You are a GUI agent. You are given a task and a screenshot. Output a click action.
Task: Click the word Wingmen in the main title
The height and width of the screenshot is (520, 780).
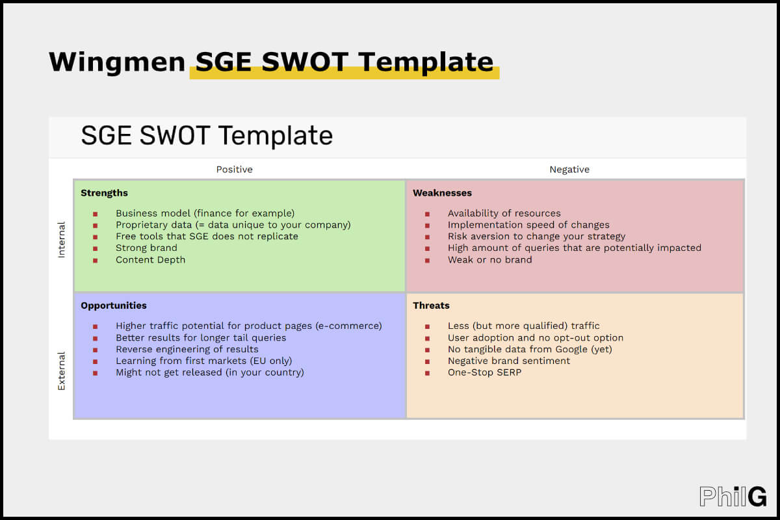point(117,62)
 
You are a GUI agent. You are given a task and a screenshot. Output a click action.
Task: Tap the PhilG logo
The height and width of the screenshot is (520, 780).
point(733,496)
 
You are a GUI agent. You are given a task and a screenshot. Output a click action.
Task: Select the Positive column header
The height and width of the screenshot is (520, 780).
point(235,170)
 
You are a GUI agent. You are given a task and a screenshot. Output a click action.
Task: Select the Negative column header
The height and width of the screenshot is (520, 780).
point(569,170)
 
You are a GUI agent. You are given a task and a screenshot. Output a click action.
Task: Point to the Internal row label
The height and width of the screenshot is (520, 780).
point(61,240)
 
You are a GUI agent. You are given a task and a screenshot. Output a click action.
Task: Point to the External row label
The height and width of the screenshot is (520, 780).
point(61,371)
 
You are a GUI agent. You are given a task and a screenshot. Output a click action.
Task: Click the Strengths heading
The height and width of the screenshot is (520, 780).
point(104,193)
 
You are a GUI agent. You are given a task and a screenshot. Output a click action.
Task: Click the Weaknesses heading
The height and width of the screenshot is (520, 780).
point(442,193)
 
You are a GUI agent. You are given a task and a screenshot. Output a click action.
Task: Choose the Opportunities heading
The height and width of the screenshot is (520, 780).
point(114,305)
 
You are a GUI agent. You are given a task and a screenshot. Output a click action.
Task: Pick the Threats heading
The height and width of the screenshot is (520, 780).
point(431,305)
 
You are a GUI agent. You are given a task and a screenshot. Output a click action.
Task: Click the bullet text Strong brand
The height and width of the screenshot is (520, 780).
point(146,248)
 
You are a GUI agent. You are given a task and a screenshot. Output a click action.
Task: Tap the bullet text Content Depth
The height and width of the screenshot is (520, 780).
point(150,260)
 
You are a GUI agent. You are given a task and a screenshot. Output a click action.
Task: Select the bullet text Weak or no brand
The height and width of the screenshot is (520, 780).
point(489,260)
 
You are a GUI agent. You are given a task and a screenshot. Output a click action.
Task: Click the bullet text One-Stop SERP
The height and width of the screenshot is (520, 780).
point(484,372)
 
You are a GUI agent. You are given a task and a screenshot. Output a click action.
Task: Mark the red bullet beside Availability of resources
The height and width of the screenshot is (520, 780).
point(427,214)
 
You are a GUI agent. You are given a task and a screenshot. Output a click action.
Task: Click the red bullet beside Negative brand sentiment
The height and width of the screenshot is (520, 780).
point(427,361)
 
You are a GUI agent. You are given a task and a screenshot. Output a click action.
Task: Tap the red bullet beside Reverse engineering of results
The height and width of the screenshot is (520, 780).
point(95,350)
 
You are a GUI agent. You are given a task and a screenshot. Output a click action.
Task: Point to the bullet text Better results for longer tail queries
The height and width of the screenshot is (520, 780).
point(201,338)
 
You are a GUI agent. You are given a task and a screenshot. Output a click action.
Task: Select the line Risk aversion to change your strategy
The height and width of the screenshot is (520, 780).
point(536,237)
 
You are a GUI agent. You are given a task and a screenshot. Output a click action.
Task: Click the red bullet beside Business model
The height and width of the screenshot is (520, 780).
point(95,214)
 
